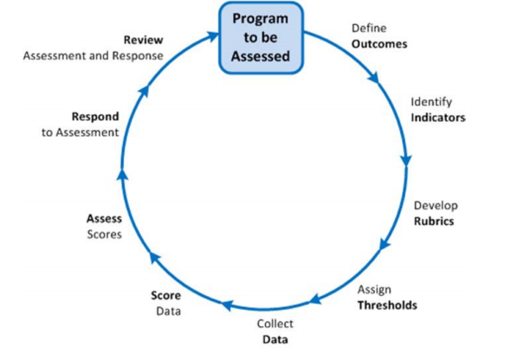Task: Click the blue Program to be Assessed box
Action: tap(261, 37)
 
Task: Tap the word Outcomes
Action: tap(379, 44)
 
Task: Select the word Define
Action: tap(369, 28)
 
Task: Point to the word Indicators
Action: tap(438, 118)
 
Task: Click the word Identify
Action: tap(431, 102)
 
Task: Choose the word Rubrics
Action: tap(434, 221)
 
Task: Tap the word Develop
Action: tap(436, 206)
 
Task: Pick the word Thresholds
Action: tap(387, 305)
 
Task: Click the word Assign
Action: tap(374, 289)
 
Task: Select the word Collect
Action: tap(275, 324)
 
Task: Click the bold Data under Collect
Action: tap(275, 339)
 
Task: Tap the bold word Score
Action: tap(165, 295)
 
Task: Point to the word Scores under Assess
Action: tap(105, 235)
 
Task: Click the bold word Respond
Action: tap(95, 117)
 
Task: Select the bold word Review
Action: tap(144, 40)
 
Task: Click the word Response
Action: tap(138, 55)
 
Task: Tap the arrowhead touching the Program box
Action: tap(213, 35)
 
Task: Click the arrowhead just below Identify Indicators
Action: tap(406, 161)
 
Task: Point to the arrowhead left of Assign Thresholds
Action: tap(315, 299)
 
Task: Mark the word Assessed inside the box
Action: tap(261, 56)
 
